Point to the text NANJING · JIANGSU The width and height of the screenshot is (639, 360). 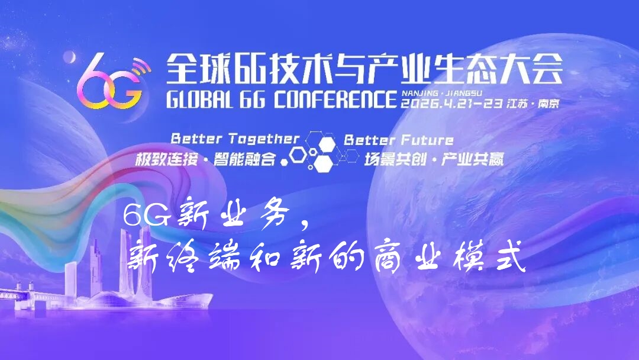click(434, 93)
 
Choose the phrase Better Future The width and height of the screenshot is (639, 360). click(399, 140)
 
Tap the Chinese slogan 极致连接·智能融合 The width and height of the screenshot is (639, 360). click(206, 158)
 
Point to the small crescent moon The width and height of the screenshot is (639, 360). click(70, 57)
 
